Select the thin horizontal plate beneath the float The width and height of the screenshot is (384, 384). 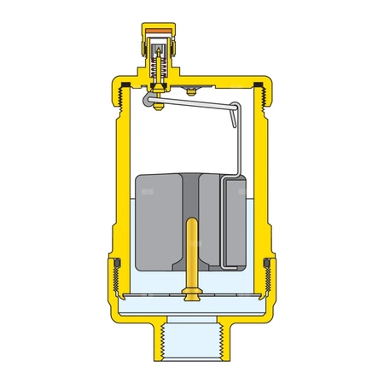(192, 296)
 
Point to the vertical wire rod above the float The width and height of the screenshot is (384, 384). (233, 141)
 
